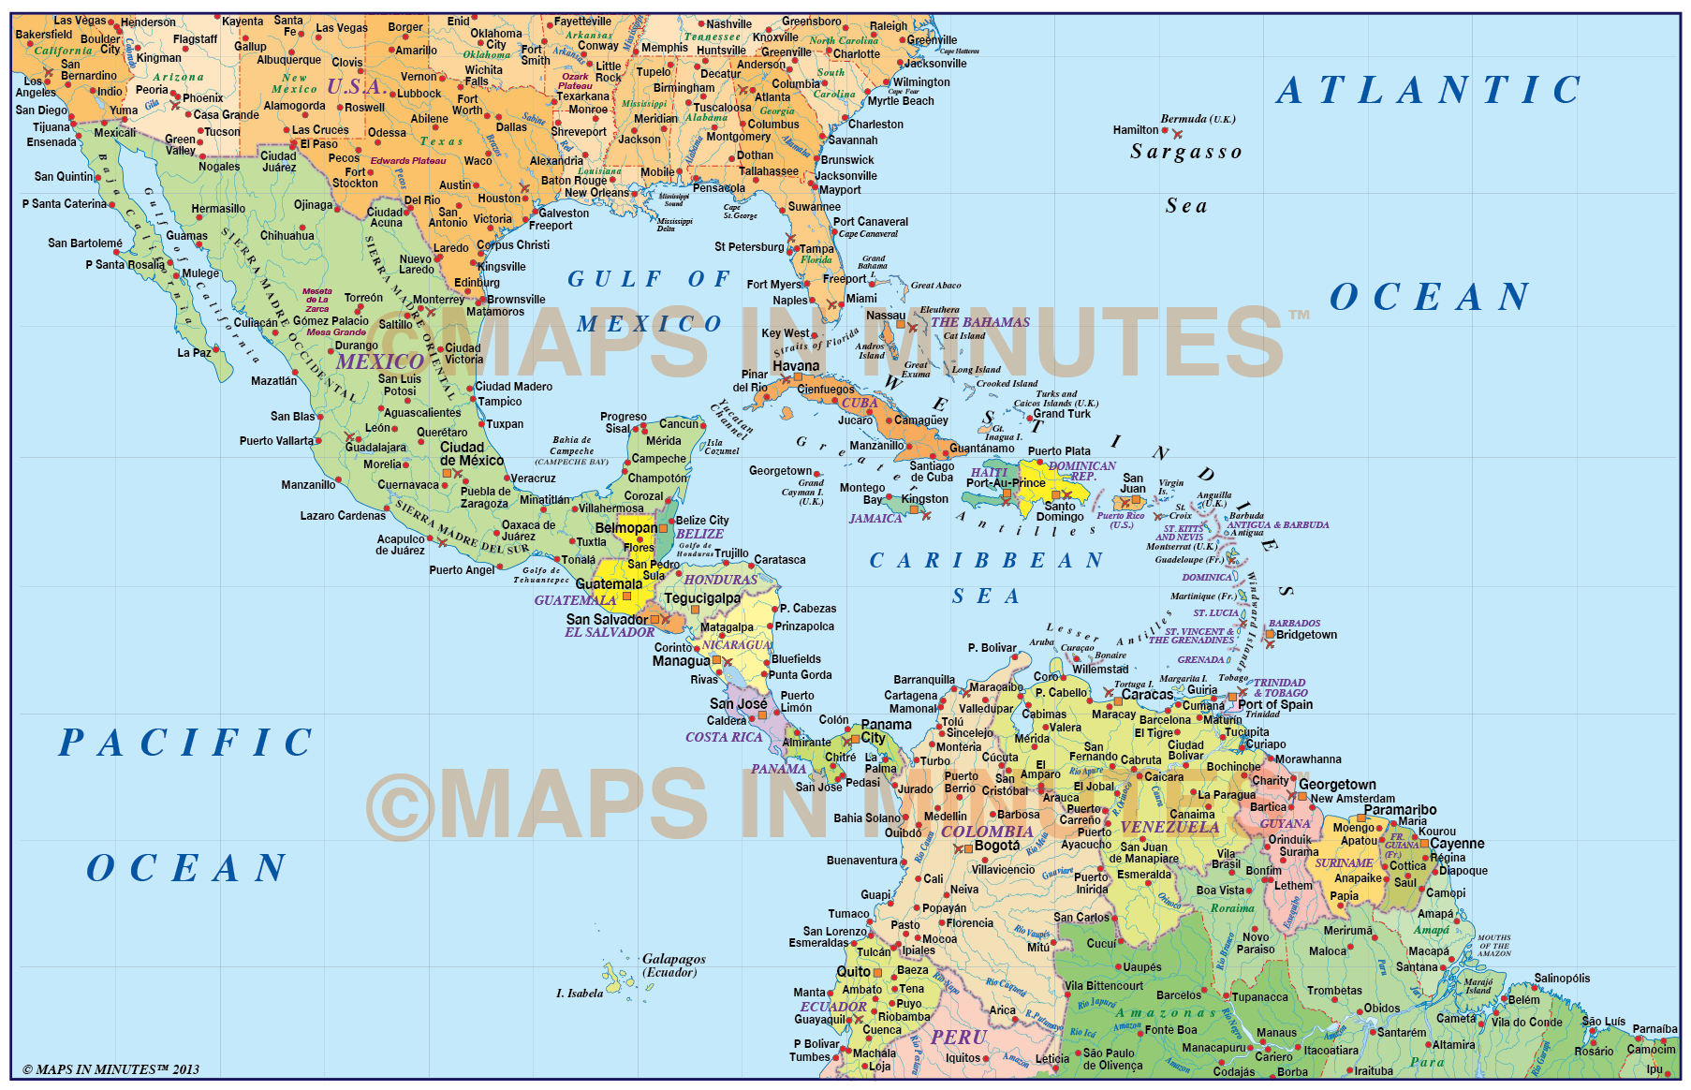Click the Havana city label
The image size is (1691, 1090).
[796, 366]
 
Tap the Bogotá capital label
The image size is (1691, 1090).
[996, 846]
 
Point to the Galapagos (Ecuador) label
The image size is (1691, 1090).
[673, 965]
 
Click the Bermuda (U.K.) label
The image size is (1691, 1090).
[1198, 119]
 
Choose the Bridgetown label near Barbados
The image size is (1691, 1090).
[1306, 635]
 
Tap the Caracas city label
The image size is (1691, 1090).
[1147, 695]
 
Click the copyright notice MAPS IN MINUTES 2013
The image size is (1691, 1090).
[110, 1069]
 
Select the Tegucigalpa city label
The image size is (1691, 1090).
[702, 598]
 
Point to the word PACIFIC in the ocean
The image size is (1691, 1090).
[186, 743]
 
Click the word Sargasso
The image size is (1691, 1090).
[1186, 152]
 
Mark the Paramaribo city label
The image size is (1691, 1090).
[1400, 810]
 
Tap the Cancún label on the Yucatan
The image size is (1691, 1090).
[679, 424]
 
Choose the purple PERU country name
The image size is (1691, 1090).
[958, 1038]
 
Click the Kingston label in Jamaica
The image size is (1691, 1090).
[925, 499]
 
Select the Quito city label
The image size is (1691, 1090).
[853, 972]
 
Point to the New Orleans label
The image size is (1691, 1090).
[596, 193]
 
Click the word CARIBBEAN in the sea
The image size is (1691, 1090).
[986, 561]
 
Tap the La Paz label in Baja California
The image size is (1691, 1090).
[194, 353]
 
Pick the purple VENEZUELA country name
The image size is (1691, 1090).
[1169, 828]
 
